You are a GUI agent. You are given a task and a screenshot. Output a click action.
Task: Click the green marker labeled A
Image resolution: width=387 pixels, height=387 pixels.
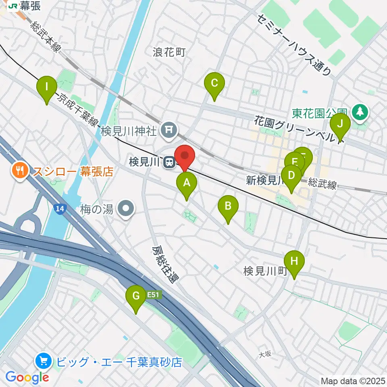[187, 183]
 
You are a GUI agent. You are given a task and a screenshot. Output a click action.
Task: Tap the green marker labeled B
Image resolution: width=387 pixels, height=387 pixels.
[228, 207]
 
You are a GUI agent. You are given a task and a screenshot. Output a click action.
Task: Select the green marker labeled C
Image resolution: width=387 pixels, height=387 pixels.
[214, 83]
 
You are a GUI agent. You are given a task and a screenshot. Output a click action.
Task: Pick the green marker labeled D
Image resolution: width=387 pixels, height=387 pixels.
[291, 176]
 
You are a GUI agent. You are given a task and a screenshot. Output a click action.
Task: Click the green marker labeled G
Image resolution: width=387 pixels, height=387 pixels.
[136, 297]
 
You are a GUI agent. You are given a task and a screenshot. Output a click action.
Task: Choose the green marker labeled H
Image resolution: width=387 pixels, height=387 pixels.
[294, 262]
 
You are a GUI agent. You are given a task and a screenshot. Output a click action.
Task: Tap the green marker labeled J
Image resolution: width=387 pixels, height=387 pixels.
[340, 124]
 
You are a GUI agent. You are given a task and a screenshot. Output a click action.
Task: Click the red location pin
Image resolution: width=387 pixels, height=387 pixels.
[185, 156]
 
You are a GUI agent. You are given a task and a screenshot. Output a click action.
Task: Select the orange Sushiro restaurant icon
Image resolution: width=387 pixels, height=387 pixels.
[19, 171]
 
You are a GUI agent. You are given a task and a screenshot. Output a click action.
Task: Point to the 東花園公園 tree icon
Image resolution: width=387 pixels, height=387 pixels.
[359, 112]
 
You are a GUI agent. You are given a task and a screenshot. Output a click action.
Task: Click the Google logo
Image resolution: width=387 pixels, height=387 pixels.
[27, 377]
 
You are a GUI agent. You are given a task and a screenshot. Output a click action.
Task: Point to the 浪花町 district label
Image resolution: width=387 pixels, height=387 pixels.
[169, 52]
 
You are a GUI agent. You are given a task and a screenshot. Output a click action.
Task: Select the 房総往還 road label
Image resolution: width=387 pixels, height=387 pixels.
[165, 265]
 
